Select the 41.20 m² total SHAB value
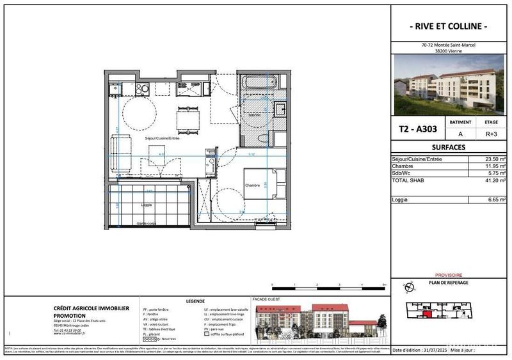[493, 181]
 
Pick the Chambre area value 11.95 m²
[493, 166]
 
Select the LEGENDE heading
[195, 301]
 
